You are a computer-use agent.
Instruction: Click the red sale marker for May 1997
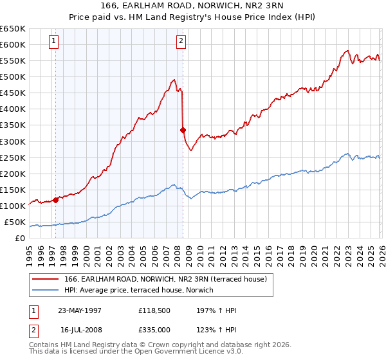[x=55, y=200]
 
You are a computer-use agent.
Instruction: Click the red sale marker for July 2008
[x=183, y=130]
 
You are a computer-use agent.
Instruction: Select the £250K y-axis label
[x=12, y=157]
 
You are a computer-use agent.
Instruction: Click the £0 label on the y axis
[x=19, y=239]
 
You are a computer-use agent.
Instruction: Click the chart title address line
[x=192, y=7]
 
